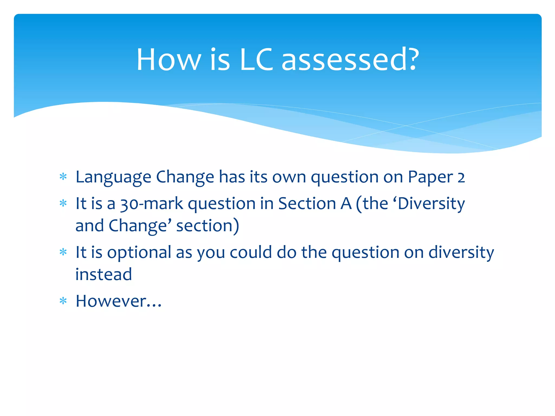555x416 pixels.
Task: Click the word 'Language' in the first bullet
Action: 113,177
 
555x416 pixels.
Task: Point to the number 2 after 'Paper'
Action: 461,177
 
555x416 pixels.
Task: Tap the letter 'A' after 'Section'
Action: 346,204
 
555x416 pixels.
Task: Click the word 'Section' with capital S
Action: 307,204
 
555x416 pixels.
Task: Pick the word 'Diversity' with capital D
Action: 431,204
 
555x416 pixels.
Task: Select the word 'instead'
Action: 104,275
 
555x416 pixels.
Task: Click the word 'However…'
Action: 118,301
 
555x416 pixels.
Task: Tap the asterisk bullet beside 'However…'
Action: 63,301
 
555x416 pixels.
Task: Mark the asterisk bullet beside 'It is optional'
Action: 63,252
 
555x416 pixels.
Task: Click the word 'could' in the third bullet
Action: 251,252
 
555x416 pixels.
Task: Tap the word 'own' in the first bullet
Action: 289,177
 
